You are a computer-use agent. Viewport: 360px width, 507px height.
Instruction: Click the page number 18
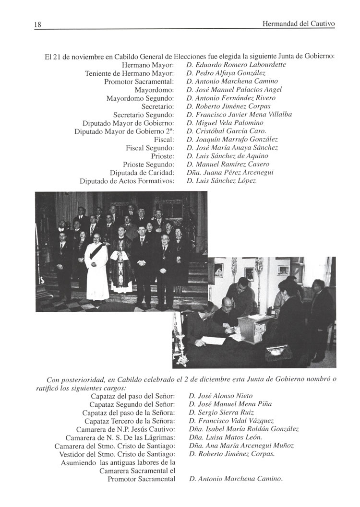[x=38, y=24]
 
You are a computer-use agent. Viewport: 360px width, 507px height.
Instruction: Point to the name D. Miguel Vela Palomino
[x=223, y=123]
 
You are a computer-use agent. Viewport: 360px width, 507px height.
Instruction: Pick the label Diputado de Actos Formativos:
[x=127, y=181]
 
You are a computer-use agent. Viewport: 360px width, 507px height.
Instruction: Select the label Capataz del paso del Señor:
[x=132, y=396]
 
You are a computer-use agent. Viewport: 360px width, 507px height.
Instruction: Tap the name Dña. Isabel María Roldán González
[x=244, y=429]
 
